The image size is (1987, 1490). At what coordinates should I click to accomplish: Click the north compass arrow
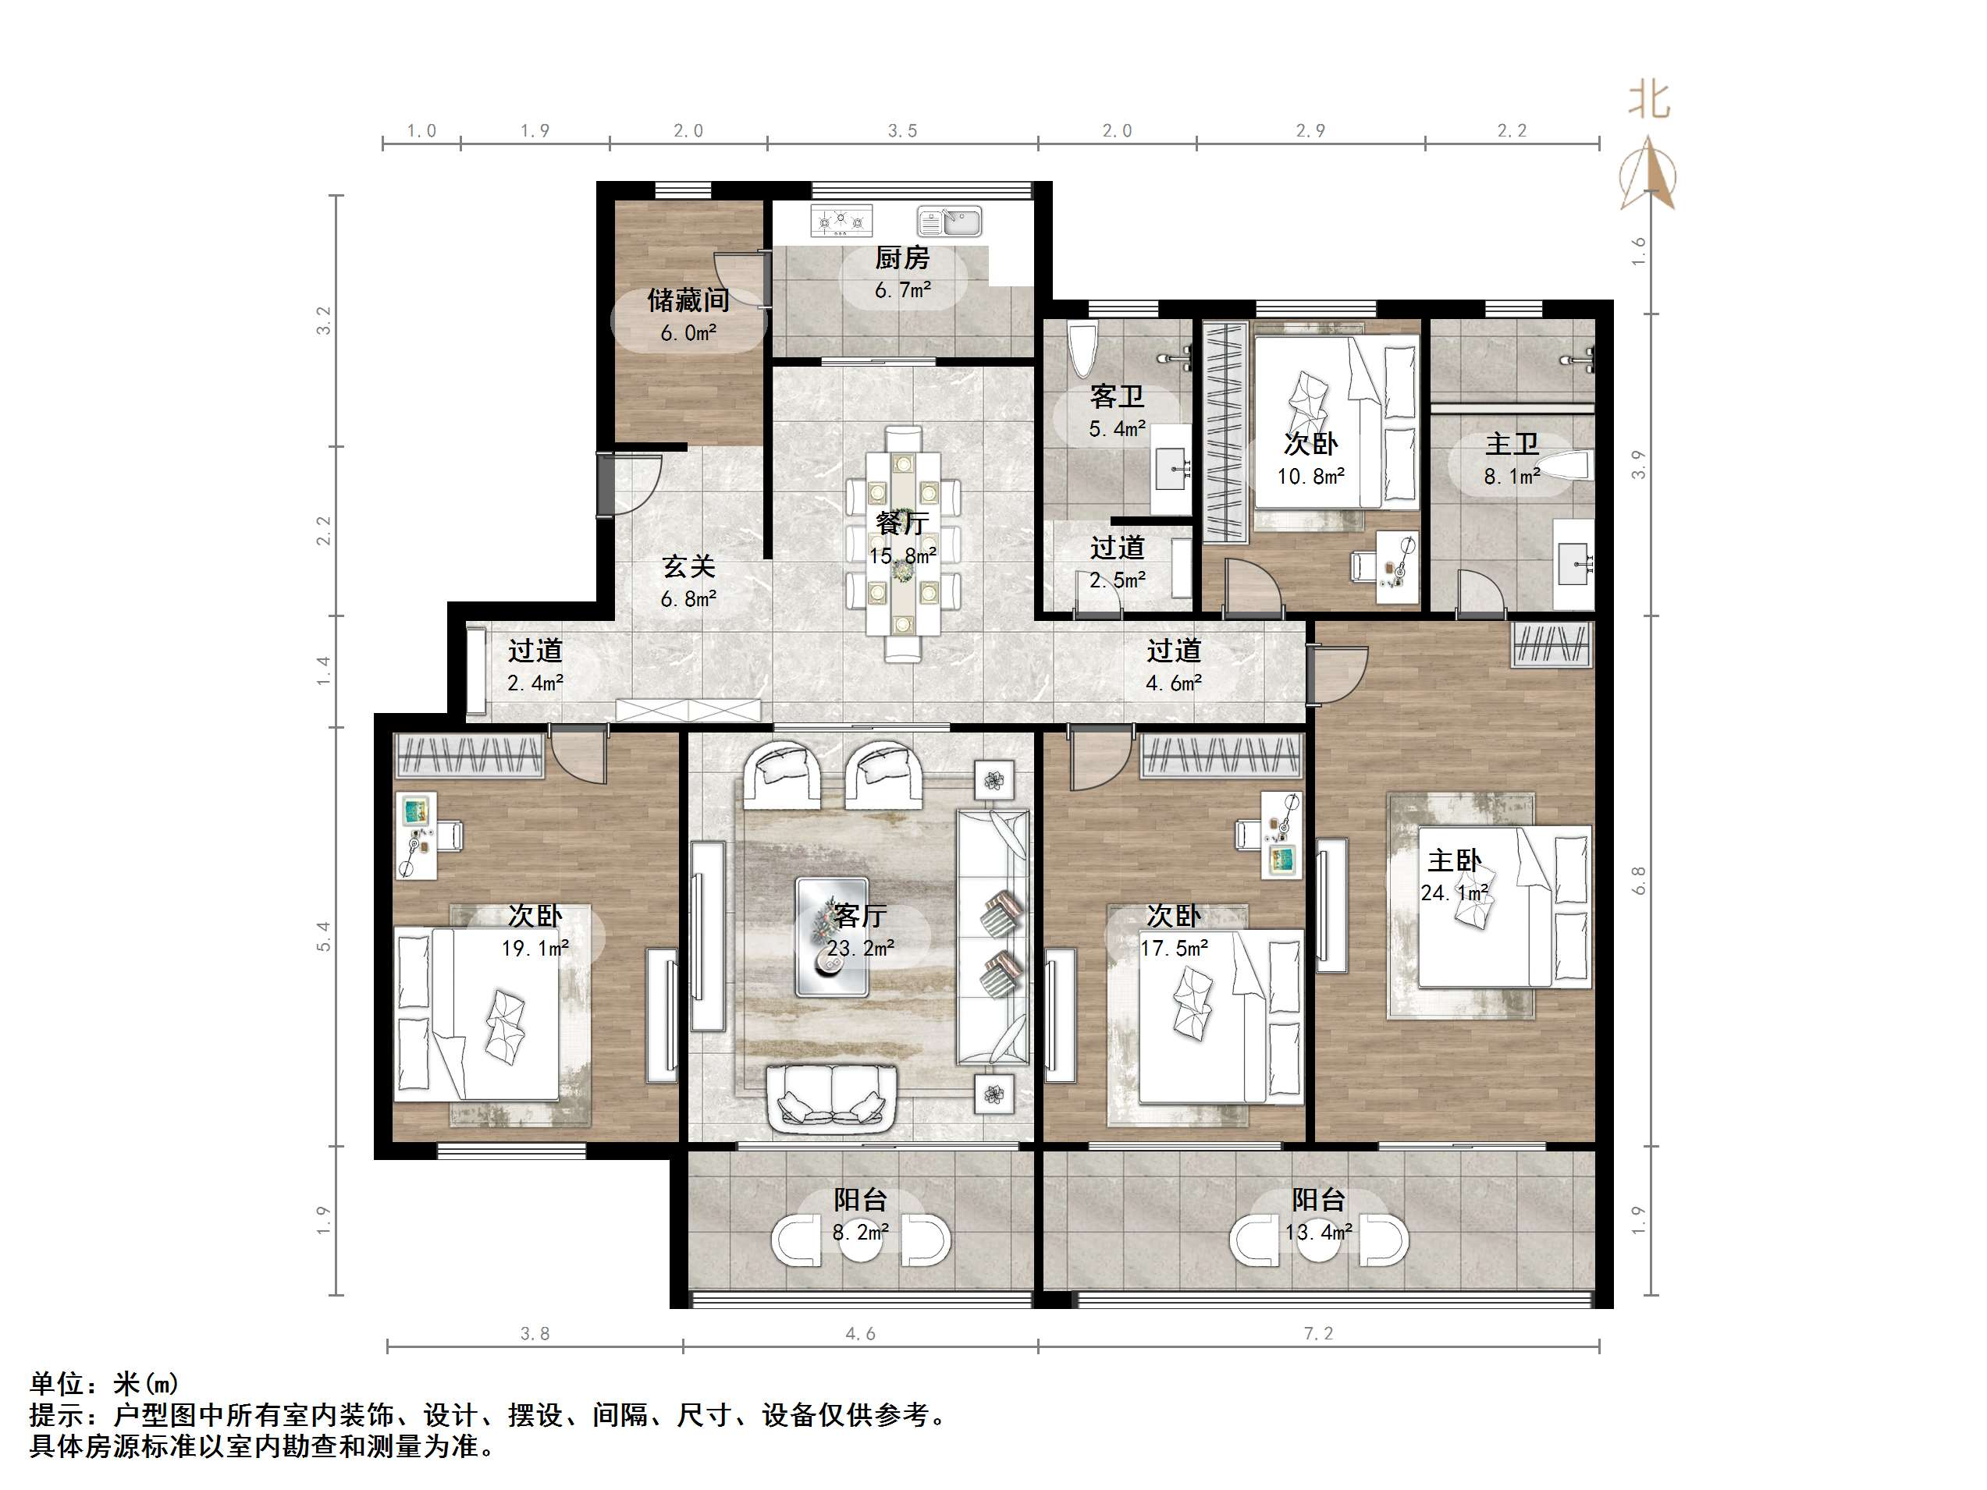pos(1648,176)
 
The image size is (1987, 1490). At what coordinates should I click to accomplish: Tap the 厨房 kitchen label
pos(902,259)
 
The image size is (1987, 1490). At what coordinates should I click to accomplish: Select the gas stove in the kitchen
pos(841,220)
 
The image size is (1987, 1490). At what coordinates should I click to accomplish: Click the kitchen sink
pos(951,220)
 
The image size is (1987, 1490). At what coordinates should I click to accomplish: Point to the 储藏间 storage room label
pos(688,300)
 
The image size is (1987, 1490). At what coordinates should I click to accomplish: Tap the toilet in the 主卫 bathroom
pos(1566,467)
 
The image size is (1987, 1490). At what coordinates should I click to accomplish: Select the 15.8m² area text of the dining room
pos(902,556)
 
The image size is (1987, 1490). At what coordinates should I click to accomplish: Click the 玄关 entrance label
pos(688,566)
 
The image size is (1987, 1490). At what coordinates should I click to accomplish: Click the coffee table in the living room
pos(832,937)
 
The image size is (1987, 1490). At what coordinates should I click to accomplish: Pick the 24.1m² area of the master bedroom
pos(1454,892)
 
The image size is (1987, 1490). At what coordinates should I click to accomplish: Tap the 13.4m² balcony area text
pos(1318,1233)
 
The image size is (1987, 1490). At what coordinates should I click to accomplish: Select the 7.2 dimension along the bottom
pos(1318,1334)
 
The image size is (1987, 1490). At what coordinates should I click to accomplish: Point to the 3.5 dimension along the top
pos(902,131)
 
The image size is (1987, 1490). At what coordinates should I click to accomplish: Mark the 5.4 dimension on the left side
pos(325,936)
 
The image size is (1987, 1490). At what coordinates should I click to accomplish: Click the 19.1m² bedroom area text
pos(535,949)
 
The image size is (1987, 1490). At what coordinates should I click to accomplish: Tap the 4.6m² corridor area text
pos(1173,683)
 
